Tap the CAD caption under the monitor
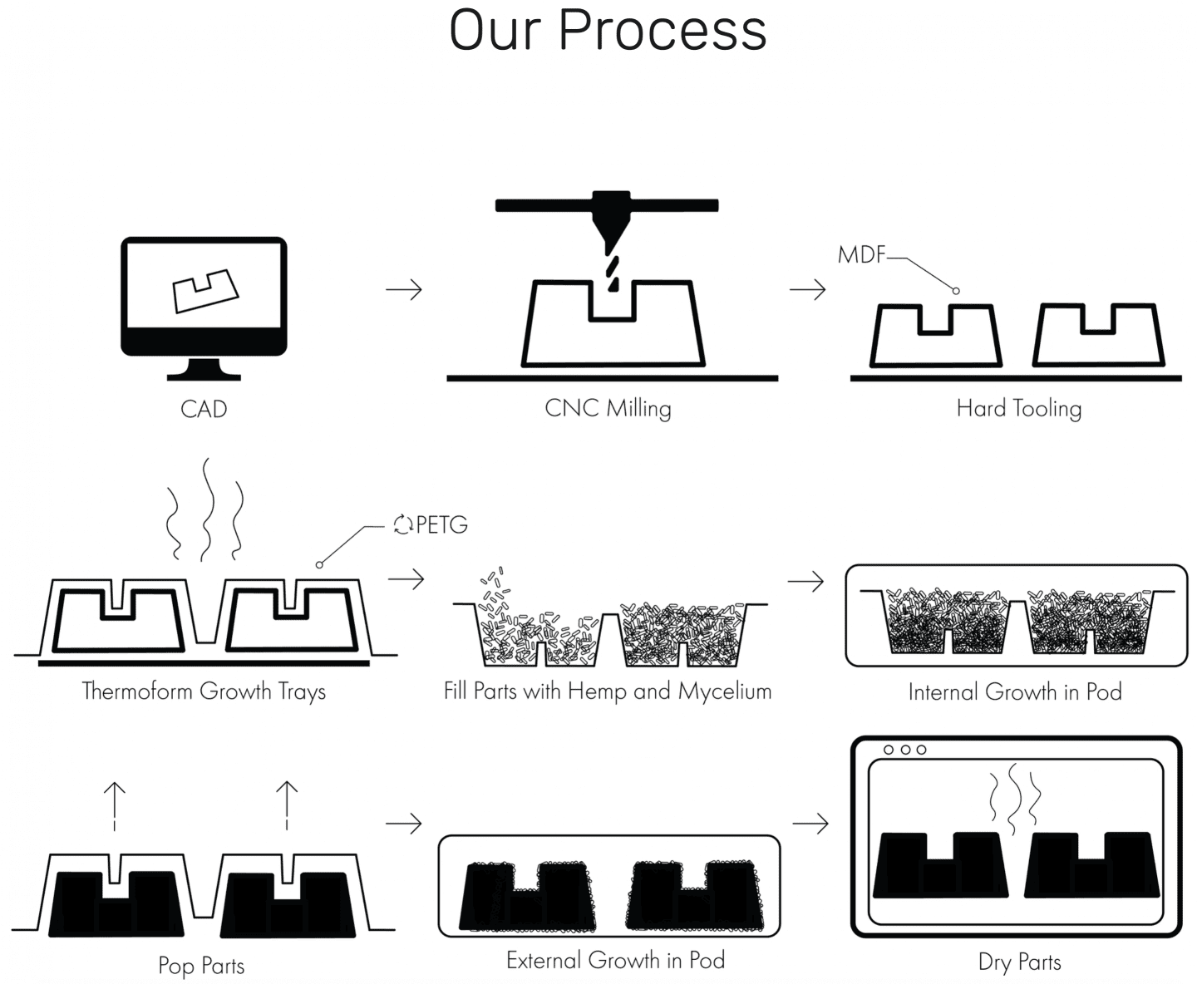tap(204, 409)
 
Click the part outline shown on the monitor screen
tap(205, 291)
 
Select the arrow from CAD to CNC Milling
tap(403, 289)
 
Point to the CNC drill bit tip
tap(613, 288)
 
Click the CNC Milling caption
tap(608, 409)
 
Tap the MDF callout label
tap(861, 255)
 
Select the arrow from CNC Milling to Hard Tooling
tap(807, 289)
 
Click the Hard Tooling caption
tap(1019, 409)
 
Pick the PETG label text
tap(441, 525)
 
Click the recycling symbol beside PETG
tap(403, 524)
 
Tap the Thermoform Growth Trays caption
tap(204, 691)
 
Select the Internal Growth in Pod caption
tap(1015, 692)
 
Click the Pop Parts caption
tap(201, 966)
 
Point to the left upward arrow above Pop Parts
tap(115, 806)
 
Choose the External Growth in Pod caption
tap(616, 960)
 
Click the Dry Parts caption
tap(1020, 962)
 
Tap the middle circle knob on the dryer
tap(905, 750)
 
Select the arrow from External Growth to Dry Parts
tap(810, 823)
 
